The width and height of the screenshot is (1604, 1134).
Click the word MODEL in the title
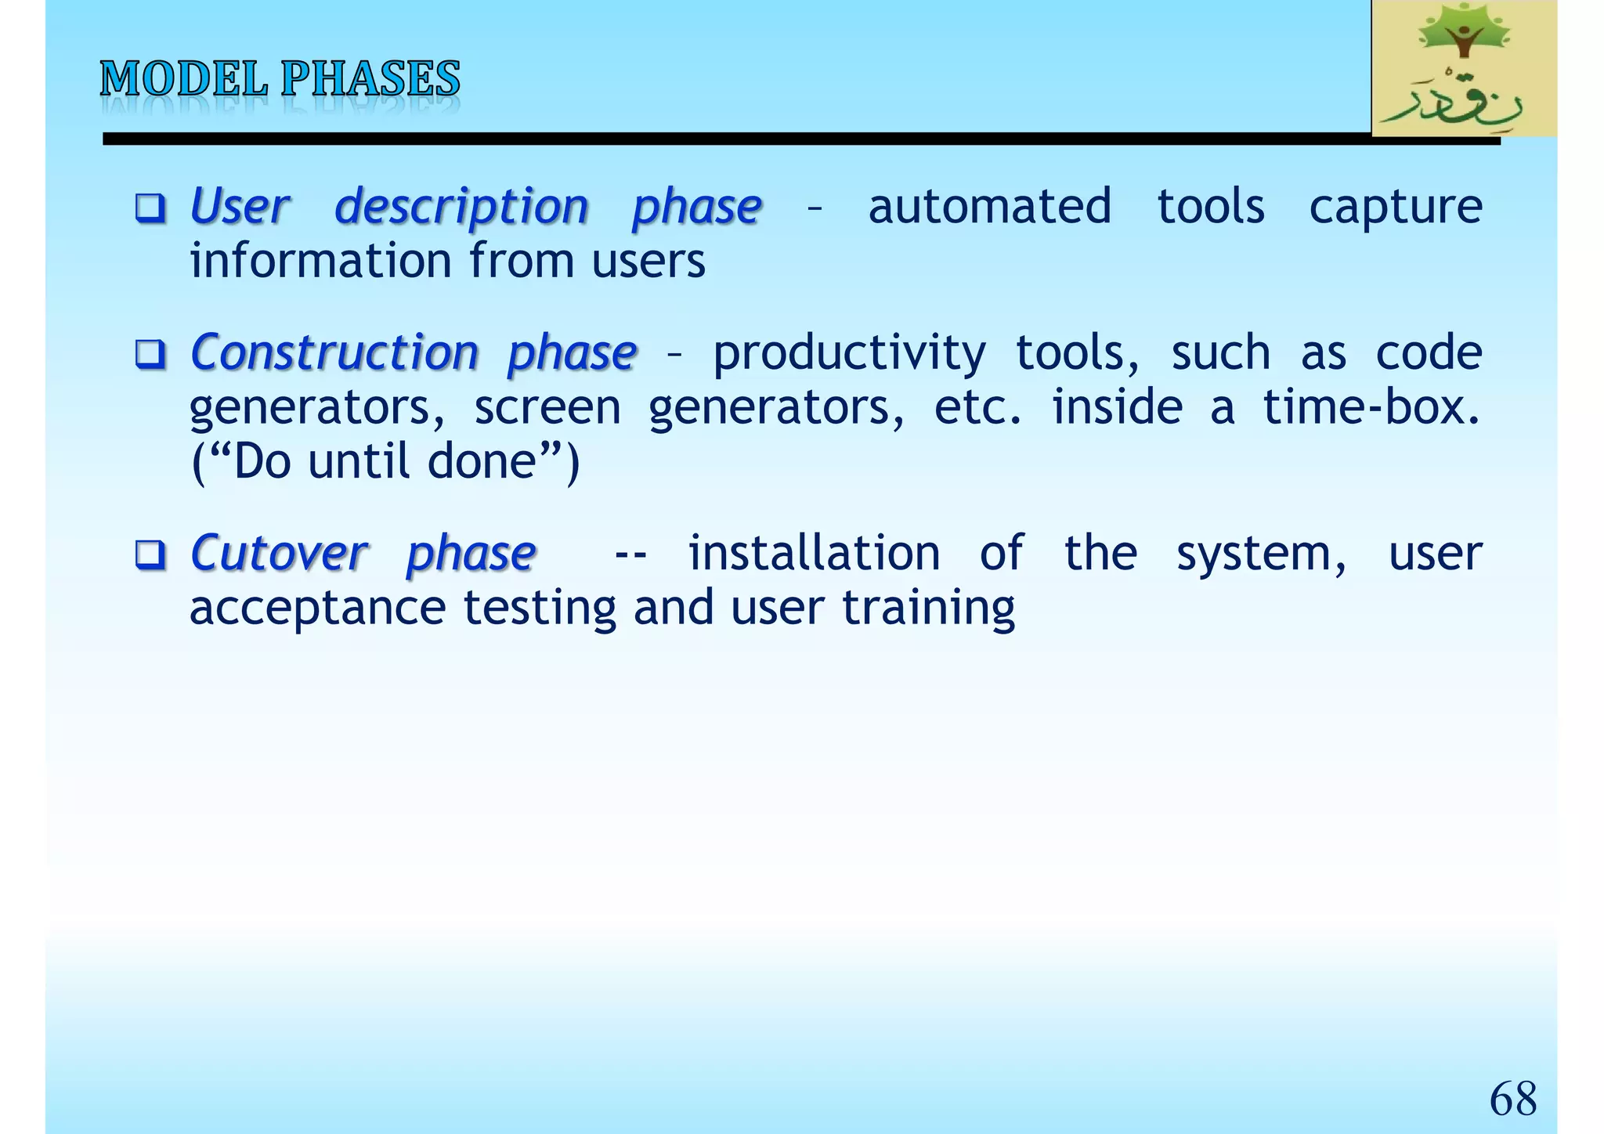point(183,79)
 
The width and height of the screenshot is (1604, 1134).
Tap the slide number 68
point(1512,1099)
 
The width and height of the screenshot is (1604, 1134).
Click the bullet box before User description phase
point(150,208)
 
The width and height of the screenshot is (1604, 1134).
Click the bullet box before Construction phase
point(150,354)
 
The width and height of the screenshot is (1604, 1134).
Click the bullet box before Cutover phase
point(150,555)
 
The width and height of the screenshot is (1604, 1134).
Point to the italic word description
point(461,208)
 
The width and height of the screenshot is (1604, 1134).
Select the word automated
point(989,207)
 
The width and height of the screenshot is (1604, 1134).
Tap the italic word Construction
point(334,352)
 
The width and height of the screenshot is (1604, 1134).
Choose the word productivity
point(849,354)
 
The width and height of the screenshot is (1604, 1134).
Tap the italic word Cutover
point(278,554)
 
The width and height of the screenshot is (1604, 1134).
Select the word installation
point(814,554)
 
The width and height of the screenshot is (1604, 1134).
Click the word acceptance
point(317,609)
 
